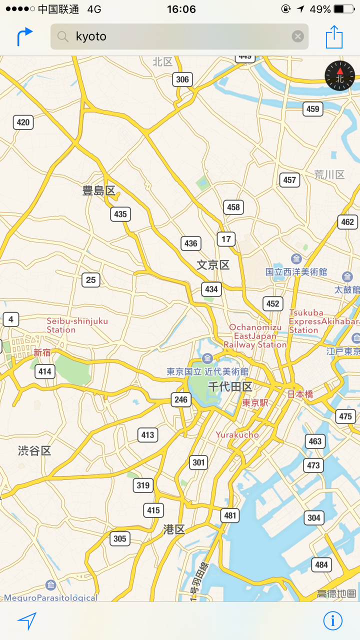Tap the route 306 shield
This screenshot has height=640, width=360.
tap(182, 79)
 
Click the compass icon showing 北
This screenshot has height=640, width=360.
tap(339, 75)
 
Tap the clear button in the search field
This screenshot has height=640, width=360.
tap(297, 36)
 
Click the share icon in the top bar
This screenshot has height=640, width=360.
tap(334, 37)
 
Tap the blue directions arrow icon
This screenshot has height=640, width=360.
tap(24, 36)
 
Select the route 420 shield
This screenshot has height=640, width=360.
tap(23, 122)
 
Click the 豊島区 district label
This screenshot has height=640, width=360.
tap(99, 190)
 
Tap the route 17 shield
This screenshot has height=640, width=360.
tap(226, 239)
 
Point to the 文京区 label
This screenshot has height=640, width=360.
tap(213, 265)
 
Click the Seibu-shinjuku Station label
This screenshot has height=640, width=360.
tap(77, 325)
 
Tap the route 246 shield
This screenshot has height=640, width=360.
tap(181, 399)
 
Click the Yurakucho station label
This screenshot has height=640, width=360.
tap(237, 434)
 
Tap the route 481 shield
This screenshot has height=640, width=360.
tap(230, 515)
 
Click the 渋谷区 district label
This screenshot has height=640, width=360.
tap(34, 450)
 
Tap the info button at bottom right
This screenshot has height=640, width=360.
tap(332, 620)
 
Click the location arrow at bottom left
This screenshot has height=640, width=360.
tap(27, 620)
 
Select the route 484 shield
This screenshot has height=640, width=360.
tap(321, 565)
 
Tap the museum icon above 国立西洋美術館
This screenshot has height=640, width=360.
tap(296, 259)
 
